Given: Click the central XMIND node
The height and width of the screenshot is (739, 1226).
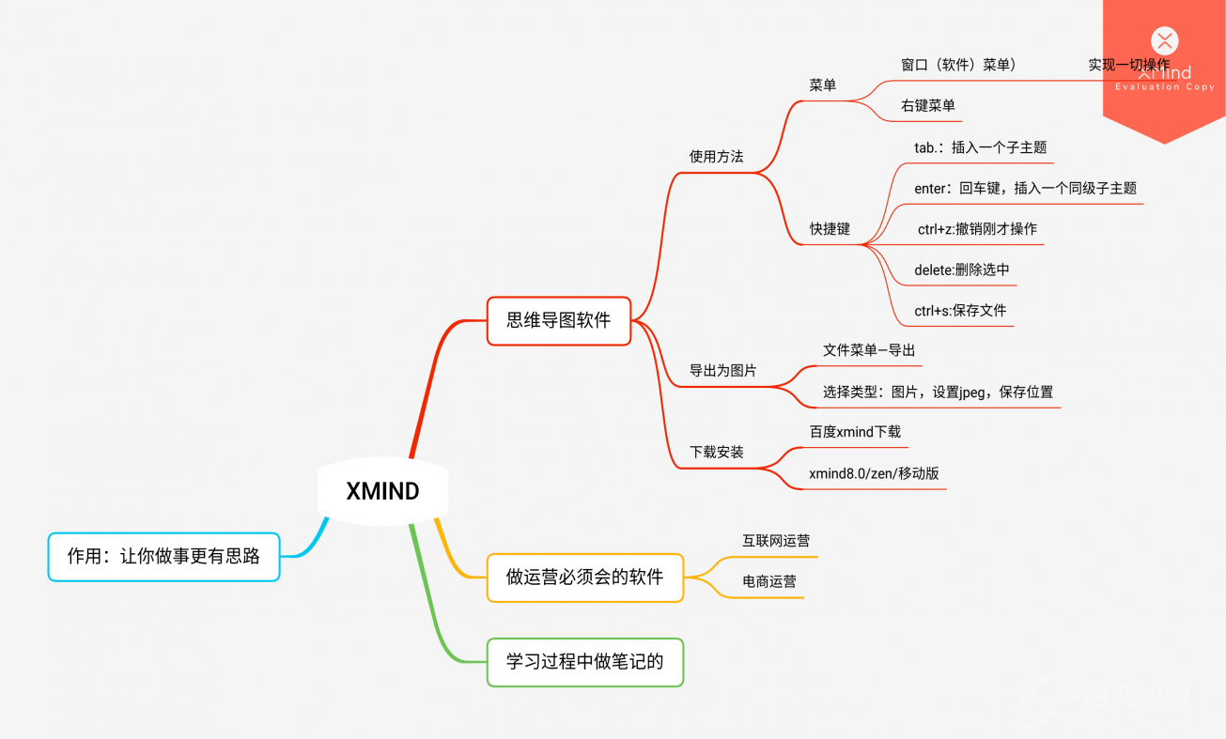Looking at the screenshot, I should tap(382, 491).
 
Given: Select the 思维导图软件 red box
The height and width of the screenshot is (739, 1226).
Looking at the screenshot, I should tap(558, 320).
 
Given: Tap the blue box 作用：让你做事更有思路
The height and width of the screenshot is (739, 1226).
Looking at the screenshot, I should tap(163, 556).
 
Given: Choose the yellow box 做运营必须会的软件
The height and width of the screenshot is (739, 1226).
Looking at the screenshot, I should tap(584, 577).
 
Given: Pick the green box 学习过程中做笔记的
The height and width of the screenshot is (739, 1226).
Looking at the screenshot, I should tap(584, 662).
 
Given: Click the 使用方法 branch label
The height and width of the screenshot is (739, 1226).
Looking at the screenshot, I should tap(716, 157).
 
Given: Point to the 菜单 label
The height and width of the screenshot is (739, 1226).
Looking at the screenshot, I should tap(822, 85).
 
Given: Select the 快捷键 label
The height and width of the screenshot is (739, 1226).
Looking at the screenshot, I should tap(830, 229).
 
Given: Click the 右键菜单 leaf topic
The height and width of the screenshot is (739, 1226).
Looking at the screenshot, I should tap(927, 106).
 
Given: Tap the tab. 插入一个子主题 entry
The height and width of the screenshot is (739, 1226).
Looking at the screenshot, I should tap(980, 147).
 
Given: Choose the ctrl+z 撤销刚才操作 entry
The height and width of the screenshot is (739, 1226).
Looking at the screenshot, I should tap(977, 229).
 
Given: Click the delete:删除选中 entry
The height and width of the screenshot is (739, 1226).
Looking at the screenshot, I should tap(961, 270).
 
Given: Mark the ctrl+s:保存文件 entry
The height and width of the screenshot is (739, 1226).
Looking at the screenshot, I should tap(960, 311).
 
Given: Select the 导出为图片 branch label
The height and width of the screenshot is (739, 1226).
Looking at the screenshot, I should tap(722, 371).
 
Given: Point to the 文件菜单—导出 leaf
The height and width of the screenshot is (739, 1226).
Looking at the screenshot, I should tap(869, 350).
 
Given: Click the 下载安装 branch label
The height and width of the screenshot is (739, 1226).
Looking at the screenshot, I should tap(716, 453).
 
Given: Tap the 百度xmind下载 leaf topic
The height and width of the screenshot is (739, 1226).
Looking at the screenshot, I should tap(855, 432).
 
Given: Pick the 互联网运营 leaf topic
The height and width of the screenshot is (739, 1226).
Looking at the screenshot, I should tap(776, 541).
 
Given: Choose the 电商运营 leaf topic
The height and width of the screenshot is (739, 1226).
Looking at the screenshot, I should tap(769, 582).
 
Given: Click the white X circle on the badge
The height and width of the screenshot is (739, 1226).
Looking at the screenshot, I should tap(1164, 40).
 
